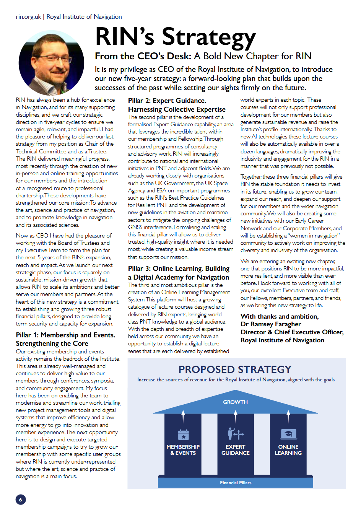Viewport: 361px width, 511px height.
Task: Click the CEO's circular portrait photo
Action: [52, 63]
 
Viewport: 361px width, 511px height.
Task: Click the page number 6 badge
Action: [21, 499]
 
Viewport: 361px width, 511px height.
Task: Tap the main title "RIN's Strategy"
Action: [175, 37]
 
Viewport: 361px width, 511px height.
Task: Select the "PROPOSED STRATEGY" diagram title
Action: [235, 369]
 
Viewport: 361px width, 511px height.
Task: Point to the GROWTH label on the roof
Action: [236, 402]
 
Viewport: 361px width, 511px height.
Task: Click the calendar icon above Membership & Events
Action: [183, 435]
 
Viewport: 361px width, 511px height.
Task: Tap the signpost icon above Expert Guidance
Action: [236, 434]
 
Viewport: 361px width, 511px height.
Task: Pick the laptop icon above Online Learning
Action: [288, 434]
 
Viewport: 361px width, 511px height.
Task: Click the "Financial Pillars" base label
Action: [236, 483]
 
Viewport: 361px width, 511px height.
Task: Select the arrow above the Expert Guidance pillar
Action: [236, 416]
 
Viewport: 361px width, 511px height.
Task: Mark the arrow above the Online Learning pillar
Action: [288, 416]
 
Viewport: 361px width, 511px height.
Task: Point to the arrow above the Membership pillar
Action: [183, 416]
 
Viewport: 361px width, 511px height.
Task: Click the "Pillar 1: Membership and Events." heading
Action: [65, 335]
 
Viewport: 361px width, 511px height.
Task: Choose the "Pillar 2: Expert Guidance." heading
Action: [167, 101]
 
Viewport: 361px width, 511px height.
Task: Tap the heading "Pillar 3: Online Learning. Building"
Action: [179, 269]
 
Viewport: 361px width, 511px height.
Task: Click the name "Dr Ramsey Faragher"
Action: [271, 324]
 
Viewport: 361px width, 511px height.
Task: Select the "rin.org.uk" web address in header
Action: [28, 17]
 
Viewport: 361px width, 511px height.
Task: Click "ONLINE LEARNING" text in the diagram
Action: [288, 450]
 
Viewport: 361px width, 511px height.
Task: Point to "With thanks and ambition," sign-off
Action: [280, 316]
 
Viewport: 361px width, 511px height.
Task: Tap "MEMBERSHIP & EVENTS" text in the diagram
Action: [183, 450]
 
